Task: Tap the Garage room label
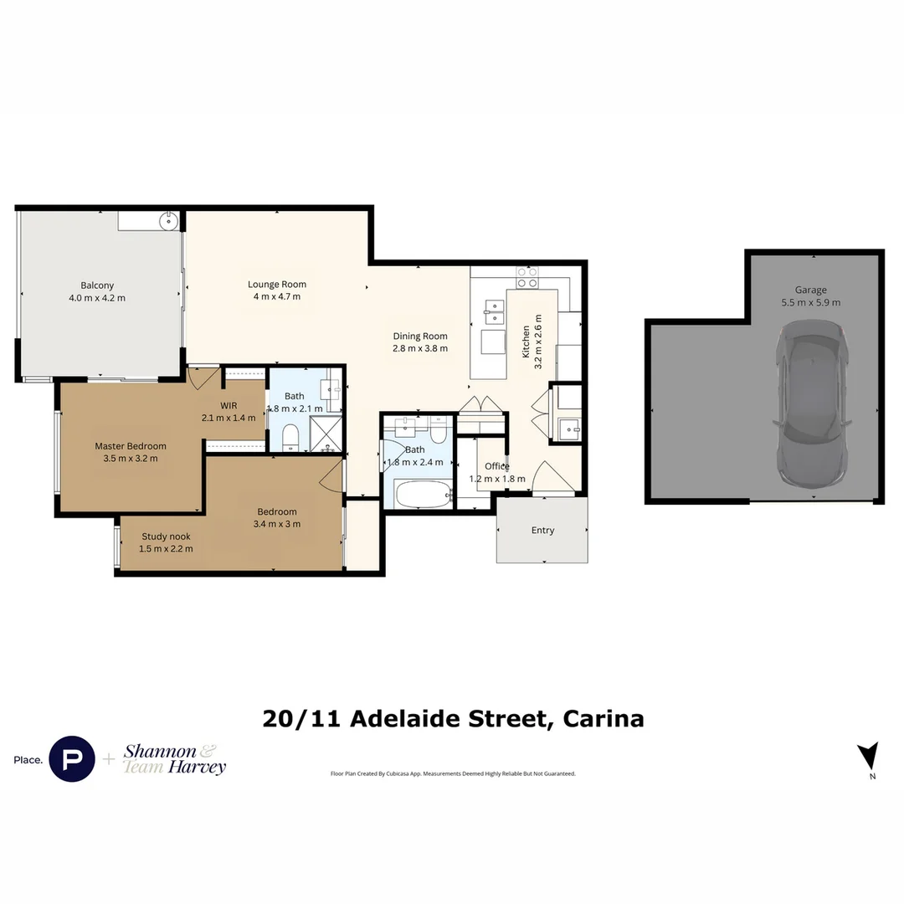(x=811, y=290)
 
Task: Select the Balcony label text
(x=97, y=285)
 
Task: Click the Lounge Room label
(x=277, y=284)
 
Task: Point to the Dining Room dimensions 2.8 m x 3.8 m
(x=420, y=348)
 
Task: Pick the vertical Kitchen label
(x=526, y=342)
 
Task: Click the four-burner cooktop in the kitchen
(x=526, y=277)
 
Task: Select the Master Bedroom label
(x=130, y=446)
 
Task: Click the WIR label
(x=229, y=406)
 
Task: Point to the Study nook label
(x=166, y=537)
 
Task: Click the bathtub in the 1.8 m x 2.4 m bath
(x=423, y=494)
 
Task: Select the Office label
(x=497, y=466)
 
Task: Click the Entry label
(x=542, y=530)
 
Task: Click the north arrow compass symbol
(x=869, y=756)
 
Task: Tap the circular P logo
(x=72, y=759)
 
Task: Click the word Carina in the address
(x=604, y=718)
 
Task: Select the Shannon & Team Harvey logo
(x=174, y=758)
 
